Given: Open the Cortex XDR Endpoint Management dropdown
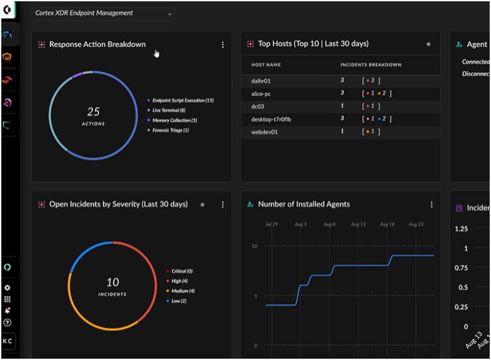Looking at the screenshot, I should pos(103,13).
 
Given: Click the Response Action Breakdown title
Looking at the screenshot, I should pos(97,44).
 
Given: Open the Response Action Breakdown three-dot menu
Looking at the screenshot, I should pos(223,44).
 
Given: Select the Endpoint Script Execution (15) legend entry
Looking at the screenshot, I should pos(182,100).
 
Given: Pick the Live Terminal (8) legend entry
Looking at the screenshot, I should pos(169,110).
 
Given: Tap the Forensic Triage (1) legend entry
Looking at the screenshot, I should pos(171,130).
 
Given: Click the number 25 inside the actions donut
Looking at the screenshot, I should pos(94,111).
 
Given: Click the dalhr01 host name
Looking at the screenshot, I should pos(261,80).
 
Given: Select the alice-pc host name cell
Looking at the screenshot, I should pos(261,93).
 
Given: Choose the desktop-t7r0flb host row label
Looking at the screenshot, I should pos(271,119).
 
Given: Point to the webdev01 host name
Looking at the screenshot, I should pos(265,131).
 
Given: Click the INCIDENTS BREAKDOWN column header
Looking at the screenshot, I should pos(370,65).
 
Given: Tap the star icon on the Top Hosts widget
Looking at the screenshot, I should pos(429,44).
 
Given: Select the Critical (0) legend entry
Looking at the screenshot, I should pos(181,271).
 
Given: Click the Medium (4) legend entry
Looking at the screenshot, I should pos(182,291).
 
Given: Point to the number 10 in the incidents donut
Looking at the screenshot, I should pos(112,282).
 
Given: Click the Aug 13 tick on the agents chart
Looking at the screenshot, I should pos(358,225).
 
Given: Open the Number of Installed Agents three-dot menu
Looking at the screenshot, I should pos(431,205).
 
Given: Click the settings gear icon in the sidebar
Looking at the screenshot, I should pos(7,288).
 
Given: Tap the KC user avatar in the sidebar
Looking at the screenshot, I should pos(8,340).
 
